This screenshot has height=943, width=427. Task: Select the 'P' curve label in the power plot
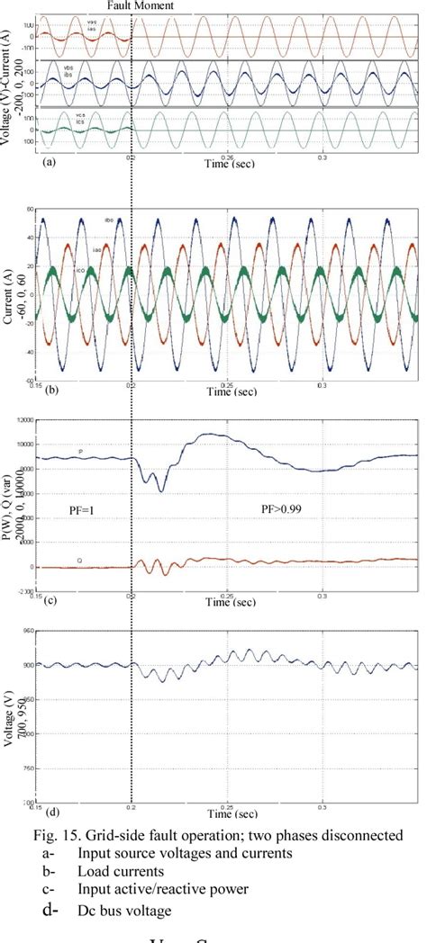(x=80, y=451)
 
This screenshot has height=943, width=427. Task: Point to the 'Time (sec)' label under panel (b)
(x=232, y=391)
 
